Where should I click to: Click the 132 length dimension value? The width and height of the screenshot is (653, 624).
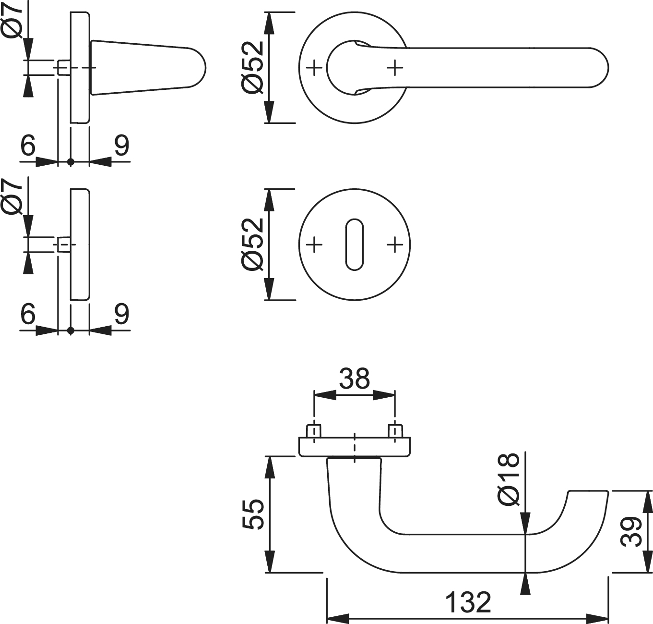point(468,602)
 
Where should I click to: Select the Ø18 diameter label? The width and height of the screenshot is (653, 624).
point(509,479)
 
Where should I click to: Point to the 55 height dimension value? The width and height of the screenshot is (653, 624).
point(253,514)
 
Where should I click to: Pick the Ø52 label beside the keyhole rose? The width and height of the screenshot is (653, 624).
point(253,244)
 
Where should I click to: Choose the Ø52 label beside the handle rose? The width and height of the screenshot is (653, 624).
point(253,67)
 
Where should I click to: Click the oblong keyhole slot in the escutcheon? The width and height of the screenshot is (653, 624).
point(355,245)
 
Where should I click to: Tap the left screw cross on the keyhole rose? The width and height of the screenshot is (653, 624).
point(314,245)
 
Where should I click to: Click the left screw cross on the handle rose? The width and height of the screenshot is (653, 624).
point(314,68)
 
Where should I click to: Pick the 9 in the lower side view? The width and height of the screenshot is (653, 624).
point(121,314)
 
